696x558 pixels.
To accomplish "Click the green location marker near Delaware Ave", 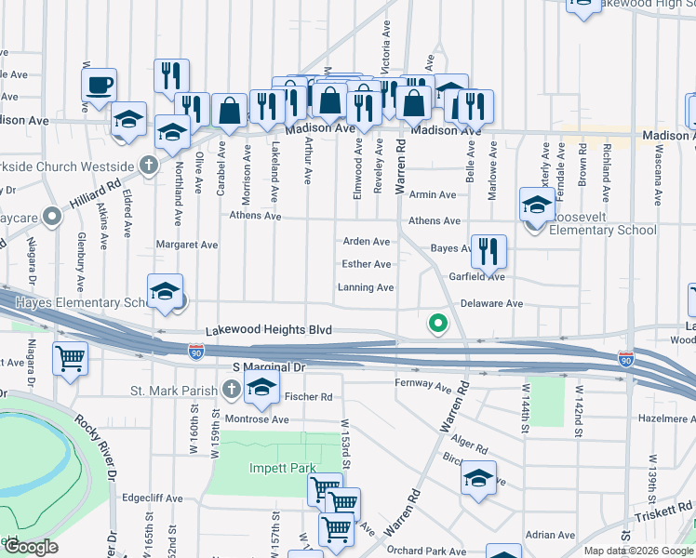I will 435,324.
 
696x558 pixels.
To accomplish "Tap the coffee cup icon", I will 99,86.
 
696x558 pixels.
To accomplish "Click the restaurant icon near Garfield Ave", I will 488,250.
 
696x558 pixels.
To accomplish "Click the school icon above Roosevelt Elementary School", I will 536,205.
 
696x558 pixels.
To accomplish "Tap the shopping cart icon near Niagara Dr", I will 71,357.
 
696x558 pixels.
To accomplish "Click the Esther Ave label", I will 367,264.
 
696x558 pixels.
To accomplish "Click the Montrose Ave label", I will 254,419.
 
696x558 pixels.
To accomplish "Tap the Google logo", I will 31,547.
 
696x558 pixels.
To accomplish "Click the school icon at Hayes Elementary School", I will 165,293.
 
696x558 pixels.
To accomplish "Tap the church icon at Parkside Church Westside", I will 147,165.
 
